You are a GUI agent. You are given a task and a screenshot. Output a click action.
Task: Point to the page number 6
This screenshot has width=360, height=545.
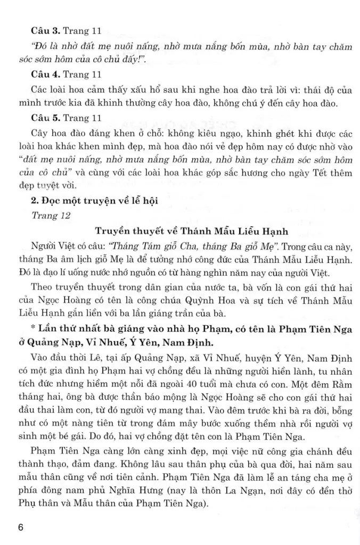[21, 527]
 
